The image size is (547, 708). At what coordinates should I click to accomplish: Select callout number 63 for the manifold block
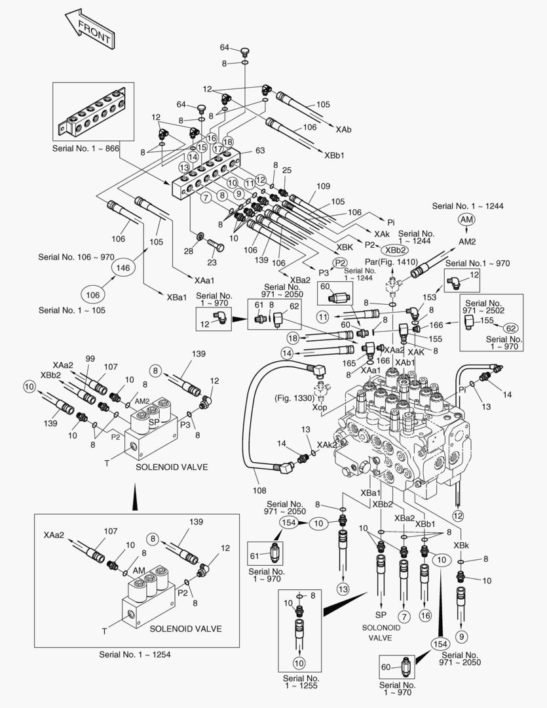click(x=259, y=150)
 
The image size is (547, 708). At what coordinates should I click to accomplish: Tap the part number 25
click(x=286, y=170)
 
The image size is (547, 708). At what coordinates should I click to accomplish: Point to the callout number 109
click(x=324, y=186)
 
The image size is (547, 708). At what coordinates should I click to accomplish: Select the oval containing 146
click(x=124, y=267)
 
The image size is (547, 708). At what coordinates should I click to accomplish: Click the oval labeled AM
click(x=466, y=220)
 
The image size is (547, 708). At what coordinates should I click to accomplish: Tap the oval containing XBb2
click(x=396, y=250)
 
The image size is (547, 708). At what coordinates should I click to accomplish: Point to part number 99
click(x=90, y=359)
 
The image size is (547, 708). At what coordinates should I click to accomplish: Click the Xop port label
click(x=320, y=408)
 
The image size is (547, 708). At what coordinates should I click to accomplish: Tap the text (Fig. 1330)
click(x=292, y=397)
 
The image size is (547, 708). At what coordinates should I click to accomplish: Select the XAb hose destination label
click(x=343, y=130)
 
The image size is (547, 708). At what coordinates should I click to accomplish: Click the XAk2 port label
click(x=328, y=444)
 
